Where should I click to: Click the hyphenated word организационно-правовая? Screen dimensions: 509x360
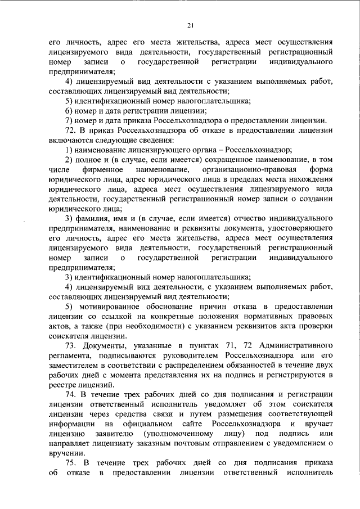[x=240, y=169]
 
